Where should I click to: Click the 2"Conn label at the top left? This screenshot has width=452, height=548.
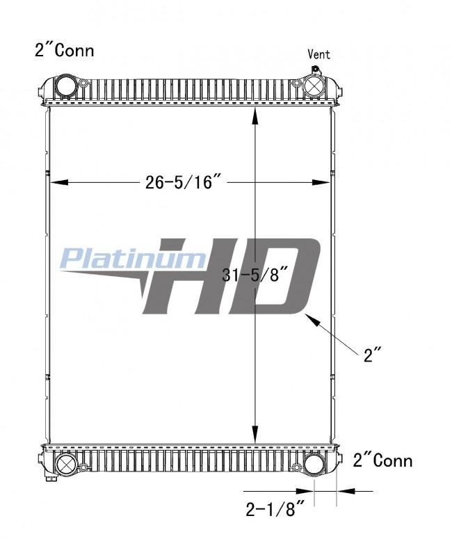coord(64,50)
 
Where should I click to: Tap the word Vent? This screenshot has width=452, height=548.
coord(319,54)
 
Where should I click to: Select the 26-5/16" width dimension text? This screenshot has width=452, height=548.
coord(183,182)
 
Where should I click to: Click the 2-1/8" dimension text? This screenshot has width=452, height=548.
coord(276,510)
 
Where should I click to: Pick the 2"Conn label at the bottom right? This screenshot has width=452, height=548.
coord(382,460)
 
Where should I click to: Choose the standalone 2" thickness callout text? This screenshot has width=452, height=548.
coord(373,355)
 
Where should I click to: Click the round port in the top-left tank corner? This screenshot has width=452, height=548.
coord(64,88)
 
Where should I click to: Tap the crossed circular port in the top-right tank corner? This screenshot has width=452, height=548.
coord(314,88)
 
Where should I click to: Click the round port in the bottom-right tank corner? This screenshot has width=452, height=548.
coord(315,464)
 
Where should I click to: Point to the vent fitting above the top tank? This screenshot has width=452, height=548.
coord(314,70)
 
